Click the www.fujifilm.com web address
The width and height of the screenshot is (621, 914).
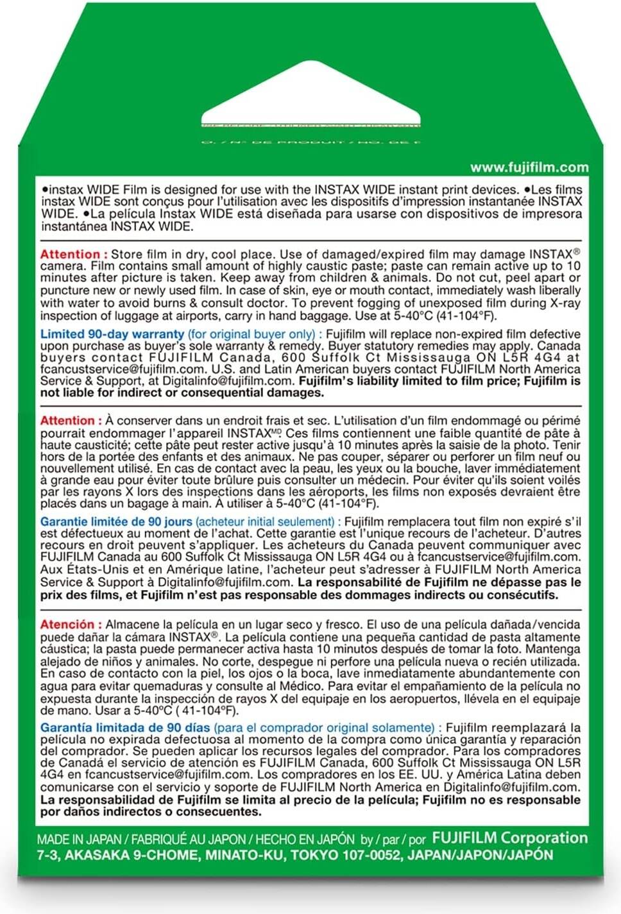(x=529, y=168)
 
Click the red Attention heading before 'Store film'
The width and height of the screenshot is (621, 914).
(x=70, y=254)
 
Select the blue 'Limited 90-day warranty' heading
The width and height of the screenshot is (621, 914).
(x=112, y=334)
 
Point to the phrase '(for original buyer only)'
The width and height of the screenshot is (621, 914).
(x=251, y=334)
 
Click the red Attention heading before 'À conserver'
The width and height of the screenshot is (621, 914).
(x=70, y=421)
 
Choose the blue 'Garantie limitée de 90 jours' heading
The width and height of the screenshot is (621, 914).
(x=116, y=522)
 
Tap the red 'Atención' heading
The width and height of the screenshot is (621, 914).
(x=67, y=624)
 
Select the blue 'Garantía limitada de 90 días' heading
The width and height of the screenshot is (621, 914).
(x=125, y=727)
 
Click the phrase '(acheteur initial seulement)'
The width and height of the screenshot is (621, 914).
(x=265, y=522)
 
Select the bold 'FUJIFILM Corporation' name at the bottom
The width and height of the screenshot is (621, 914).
(x=510, y=838)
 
